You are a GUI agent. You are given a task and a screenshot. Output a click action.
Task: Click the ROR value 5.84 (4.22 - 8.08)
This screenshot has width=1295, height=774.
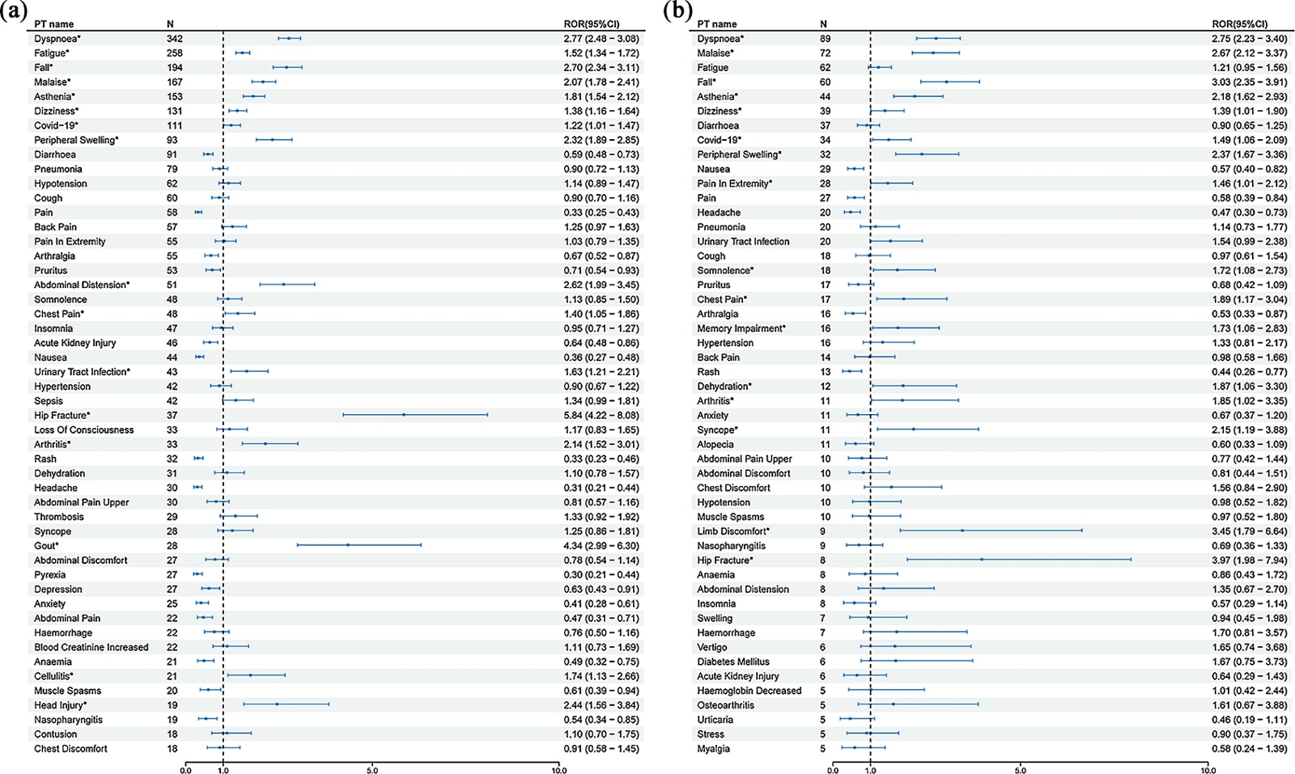coord(601,416)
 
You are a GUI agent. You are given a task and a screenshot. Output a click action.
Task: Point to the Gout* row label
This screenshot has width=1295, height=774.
coord(46,546)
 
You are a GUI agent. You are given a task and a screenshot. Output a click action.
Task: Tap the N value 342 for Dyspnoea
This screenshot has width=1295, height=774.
coord(175,39)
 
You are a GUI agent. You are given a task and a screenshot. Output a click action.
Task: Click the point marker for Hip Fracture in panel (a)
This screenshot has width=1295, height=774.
coord(403,415)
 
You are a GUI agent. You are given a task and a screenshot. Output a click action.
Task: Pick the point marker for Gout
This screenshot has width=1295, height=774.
coord(348,545)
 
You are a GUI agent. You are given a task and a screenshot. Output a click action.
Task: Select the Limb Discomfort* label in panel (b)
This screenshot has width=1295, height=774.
coord(733,531)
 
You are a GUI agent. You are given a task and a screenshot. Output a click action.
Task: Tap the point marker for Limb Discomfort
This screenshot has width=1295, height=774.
coord(962,531)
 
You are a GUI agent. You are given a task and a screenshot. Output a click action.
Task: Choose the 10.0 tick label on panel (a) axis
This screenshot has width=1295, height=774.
coord(559,770)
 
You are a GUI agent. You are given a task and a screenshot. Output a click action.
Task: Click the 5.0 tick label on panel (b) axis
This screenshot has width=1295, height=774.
coord(1020,770)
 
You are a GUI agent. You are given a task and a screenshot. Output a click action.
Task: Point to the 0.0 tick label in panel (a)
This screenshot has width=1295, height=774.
coord(186,770)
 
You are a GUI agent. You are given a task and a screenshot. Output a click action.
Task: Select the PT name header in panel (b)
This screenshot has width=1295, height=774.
coord(717,24)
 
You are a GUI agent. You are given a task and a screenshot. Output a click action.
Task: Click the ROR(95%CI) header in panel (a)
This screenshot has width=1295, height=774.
coord(592,24)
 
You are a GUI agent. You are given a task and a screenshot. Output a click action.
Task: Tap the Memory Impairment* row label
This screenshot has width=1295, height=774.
coord(741,328)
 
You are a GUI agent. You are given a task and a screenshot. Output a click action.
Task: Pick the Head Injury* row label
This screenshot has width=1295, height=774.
coord(61,705)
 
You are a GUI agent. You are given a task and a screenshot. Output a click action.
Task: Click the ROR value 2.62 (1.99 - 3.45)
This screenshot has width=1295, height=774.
coord(601,285)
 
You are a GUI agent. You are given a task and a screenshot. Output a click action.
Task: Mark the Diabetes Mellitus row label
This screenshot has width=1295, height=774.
coord(733,662)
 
